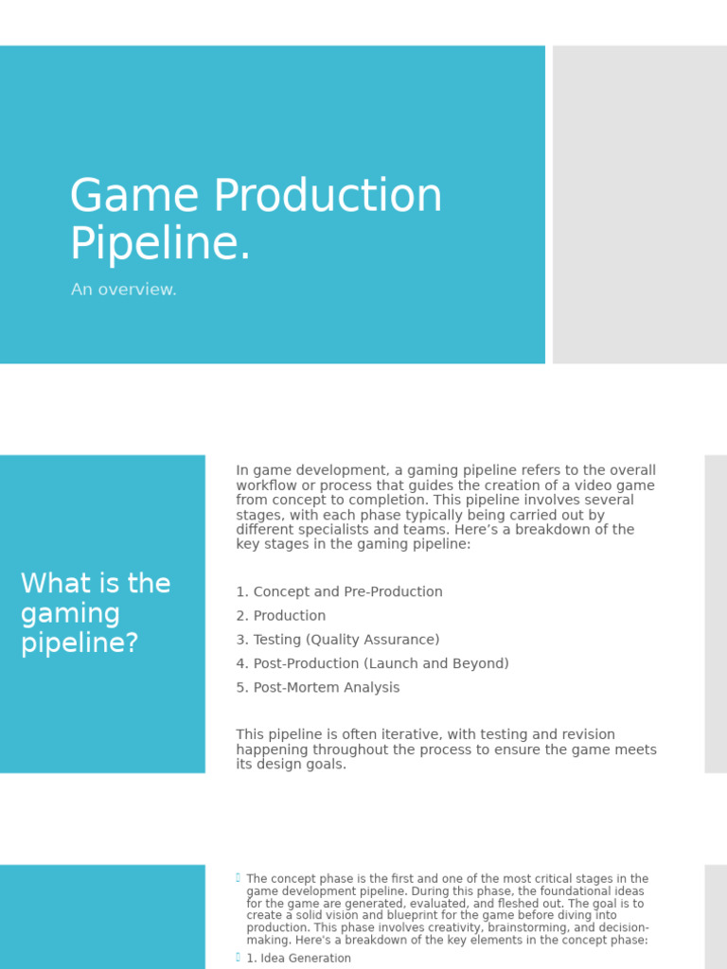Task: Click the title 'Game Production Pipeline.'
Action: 256,220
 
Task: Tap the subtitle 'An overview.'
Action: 124,290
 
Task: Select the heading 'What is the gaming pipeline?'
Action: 96,613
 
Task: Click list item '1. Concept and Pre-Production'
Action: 339,591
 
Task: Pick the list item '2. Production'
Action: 280,615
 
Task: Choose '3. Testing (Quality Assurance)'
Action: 338,640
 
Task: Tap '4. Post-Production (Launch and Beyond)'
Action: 372,663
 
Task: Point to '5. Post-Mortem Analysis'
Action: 318,688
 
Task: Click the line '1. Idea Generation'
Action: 298,959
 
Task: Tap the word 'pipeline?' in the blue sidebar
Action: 80,643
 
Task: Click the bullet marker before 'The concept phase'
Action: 239,878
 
